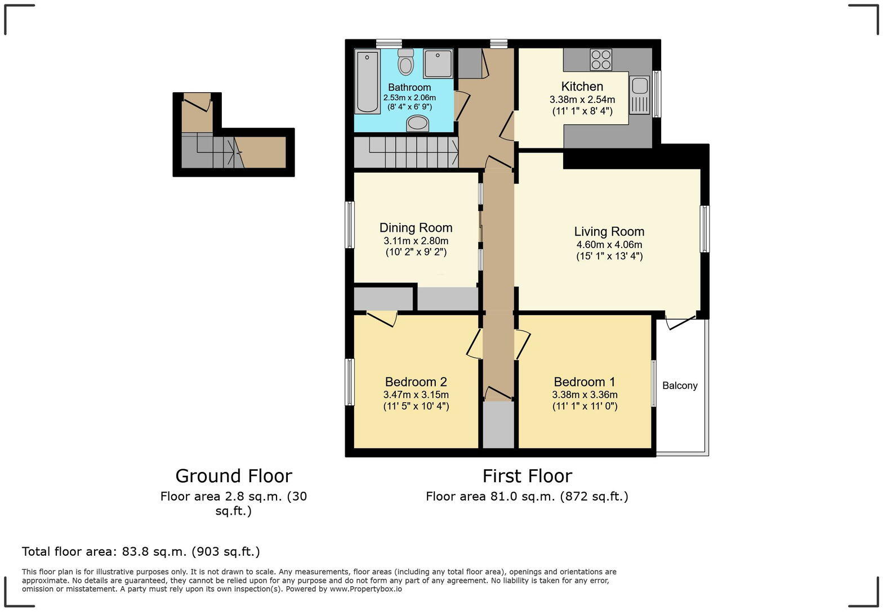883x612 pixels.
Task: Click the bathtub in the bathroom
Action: [367, 81]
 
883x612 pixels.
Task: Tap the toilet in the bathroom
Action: [405, 62]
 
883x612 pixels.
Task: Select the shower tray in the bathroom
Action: [438, 63]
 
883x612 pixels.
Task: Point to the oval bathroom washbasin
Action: [418, 123]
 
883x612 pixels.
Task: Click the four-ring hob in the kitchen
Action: [601, 60]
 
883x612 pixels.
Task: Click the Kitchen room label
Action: [582, 87]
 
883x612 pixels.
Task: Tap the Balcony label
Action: [680, 386]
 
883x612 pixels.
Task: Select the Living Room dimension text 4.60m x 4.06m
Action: [609, 245]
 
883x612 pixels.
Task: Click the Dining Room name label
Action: [416, 228]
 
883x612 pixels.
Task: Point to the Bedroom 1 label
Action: [585, 382]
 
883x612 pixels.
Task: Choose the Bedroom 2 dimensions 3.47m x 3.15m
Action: [416, 395]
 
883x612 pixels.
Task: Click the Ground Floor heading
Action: [234, 476]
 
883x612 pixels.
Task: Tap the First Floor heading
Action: [527, 476]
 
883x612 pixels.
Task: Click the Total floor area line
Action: [141, 552]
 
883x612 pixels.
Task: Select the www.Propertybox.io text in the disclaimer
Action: [365, 589]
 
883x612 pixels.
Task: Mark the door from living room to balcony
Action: [680, 323]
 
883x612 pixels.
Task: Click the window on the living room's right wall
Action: [704, 229]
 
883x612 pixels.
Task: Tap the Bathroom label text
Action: [409, 88]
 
